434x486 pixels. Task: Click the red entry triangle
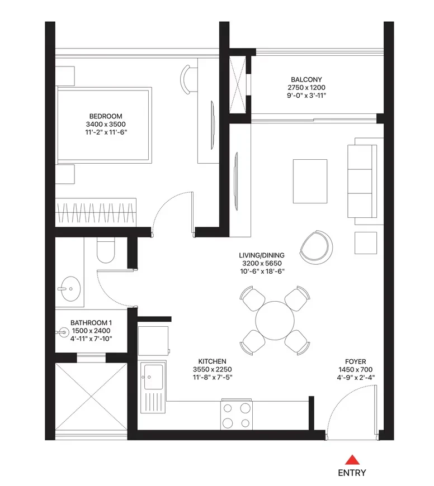pyautogui.click(x=352, y=460)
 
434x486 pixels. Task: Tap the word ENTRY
pyautogui.click(x=352, y=473)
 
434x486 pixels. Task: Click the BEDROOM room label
pyautogui.click(x=106, y=116)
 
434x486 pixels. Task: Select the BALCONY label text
pyautogui.click(x=306, y=80)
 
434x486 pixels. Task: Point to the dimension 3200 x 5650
pyautogui.click(x=262, y=264)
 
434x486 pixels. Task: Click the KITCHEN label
pyautogui.click(x=212, y=361)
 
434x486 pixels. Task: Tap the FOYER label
pyautogui.click(x=356, y=362)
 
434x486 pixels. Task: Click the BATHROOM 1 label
pyautogui.click(x=91, y=323)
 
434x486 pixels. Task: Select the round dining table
pyautogui.click(x=275, y=321)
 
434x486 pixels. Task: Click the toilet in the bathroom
pyautogui.click(x=106, y=250)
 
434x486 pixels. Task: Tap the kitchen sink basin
pyautogui.click(x=153, y=377)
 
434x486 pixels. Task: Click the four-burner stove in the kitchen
pyautogui.click(x=237, y=414)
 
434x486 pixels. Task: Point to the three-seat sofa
pyautogui.click(x=362, y=182)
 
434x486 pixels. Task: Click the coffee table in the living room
pyautogui.click(x=310, y=182)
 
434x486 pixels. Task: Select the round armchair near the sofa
pyautogui.click(x=316, y=247)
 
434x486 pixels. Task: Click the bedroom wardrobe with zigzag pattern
pyautogui.click(x=96, y=213)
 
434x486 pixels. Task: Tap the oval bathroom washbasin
pyautogui.click(x=70, y=289)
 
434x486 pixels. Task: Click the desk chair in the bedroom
pyautogui.click(x=186, y=79)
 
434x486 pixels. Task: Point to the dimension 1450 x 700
pyautogui.click(x=356, y=369)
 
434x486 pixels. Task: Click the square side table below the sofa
pyautogui.click(x=366, y=243)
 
